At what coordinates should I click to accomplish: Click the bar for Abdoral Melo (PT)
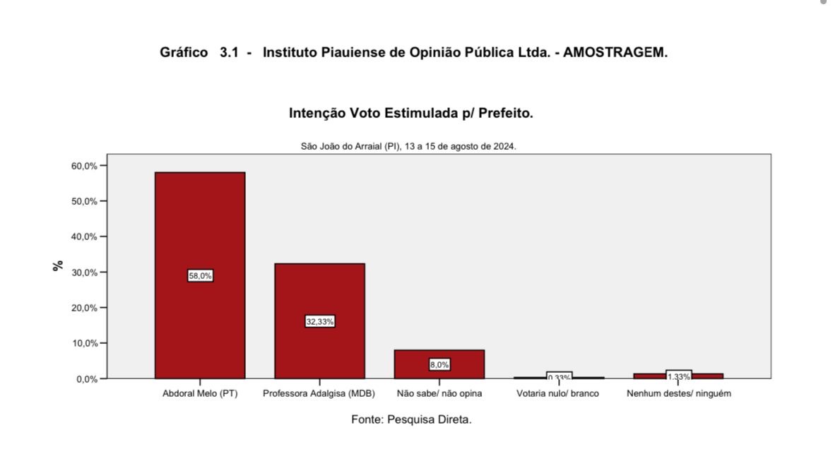point(200,226)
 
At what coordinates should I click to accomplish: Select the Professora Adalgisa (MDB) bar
point(319,289)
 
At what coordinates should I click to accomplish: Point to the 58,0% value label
point(200,276)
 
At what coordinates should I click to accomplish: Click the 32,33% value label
point(319,322)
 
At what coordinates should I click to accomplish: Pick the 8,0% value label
point(439,365)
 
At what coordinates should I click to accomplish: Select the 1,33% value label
point(678,376)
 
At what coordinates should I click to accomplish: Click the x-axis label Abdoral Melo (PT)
point(200,394)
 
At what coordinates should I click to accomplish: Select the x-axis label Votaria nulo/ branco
point(558,394)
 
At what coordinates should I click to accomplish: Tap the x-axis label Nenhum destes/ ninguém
point(678,394)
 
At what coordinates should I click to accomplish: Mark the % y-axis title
point(58,265)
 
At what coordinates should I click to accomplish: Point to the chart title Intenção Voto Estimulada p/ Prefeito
point(410,113)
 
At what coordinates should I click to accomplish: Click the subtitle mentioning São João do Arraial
point(408,147)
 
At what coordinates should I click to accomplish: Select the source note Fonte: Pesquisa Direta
point(411,419)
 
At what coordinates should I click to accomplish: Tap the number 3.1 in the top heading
point(229,53)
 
